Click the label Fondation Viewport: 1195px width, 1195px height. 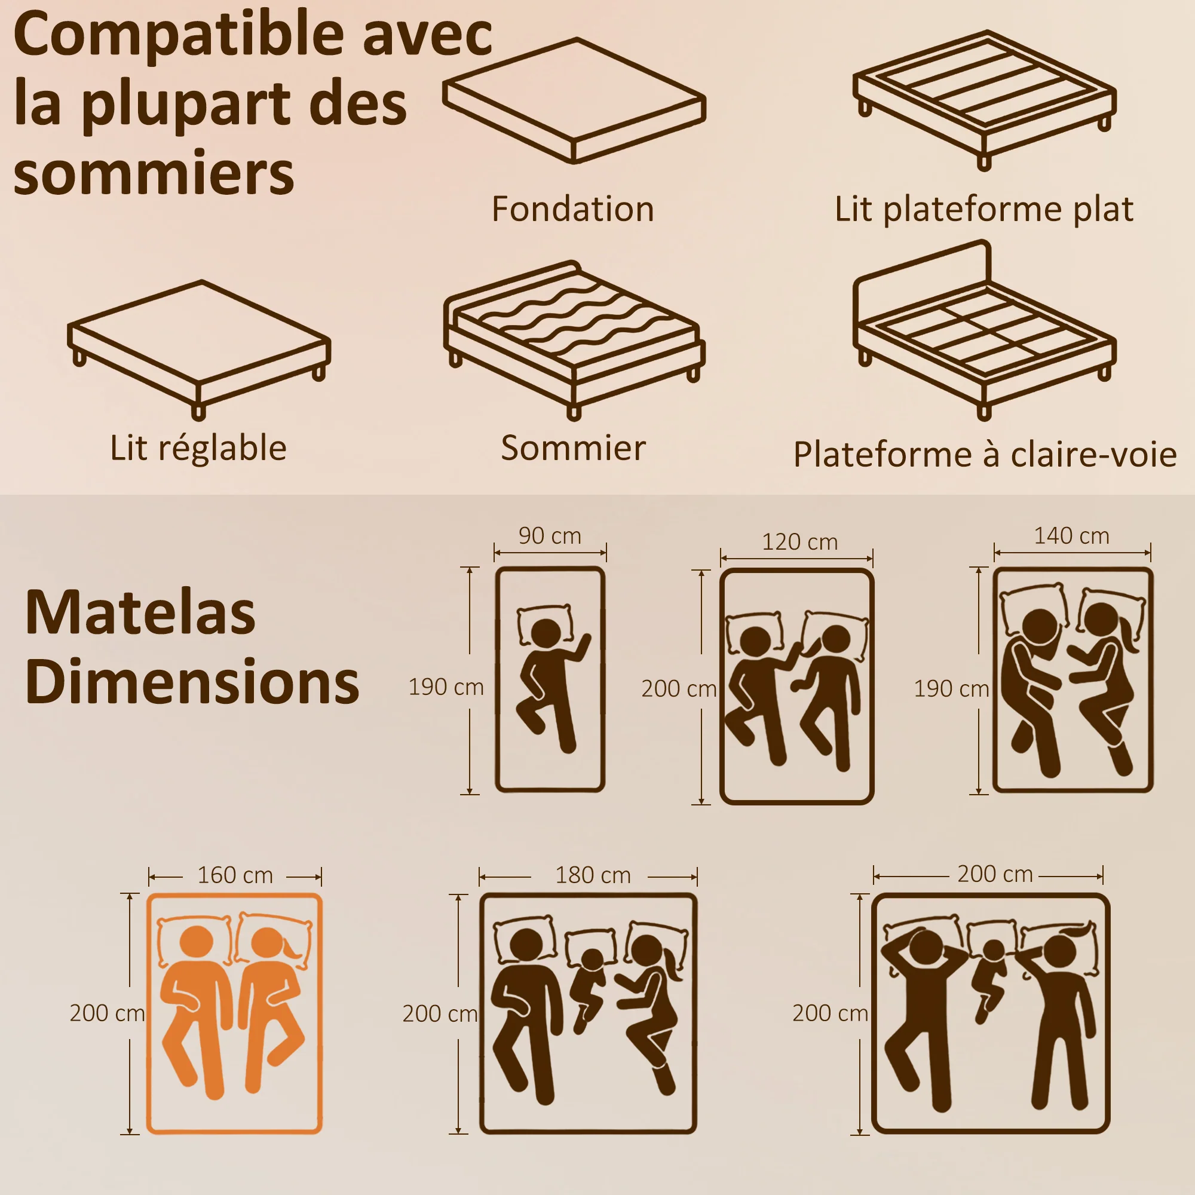(x=573, y=209)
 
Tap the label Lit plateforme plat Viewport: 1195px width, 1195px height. (x=983, y=209)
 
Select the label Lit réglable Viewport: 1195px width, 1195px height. (x=198, y=447)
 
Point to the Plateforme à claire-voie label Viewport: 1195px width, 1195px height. (x=985, y=454)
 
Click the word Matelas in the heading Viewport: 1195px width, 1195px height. (x=140, y=612)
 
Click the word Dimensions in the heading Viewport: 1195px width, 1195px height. (x=192, y=681)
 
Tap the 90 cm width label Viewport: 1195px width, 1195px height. (x=550, y=535)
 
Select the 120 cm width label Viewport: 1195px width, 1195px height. (x=800, y=542)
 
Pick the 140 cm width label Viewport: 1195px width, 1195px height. (x=1072, y=535)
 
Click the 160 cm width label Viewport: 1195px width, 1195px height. (x=235, y=875)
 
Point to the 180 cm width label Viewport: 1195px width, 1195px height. (x=593, y=875)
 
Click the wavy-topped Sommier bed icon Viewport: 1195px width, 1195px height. (x=574, y=340)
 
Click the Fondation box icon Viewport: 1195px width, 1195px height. (x=574, y=101)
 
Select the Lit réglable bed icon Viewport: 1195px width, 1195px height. (x=199, y=350)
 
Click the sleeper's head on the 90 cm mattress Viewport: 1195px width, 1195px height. (x=546, y=633)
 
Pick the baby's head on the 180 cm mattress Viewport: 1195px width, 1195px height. (x=593, y=960)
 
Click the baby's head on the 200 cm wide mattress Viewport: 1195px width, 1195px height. (x=994, y=951)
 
